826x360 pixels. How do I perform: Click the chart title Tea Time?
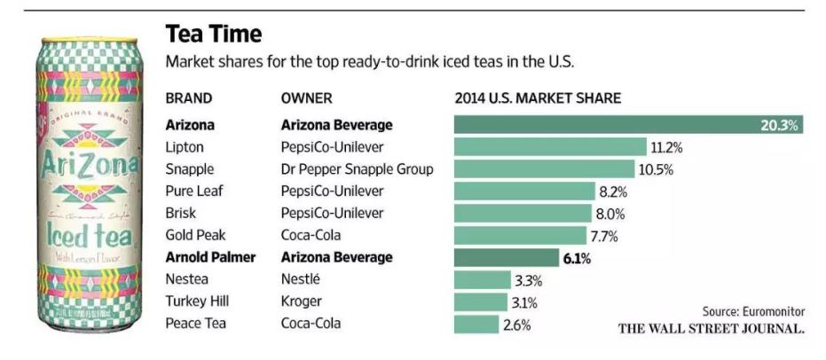pyautogui.click(x=214, y=35)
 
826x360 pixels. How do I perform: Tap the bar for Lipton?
pyautogui.click(x=549, y=147)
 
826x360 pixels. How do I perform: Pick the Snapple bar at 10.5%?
pyautogui.click(x=544, y=169)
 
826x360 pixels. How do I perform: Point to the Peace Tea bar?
pyautogui.click(x=476, y=325)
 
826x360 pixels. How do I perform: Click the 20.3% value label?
pyautogui.click(x=780, y=125)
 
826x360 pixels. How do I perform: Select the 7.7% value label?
pyautogui.click(x=603, y=236)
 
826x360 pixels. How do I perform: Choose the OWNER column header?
pyautogui.click(x=306, y=98)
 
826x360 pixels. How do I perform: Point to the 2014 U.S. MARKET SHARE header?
pyautogui.click(x=537, y=98)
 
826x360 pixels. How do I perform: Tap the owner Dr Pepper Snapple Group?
pyautogui.click(x=357, y=169)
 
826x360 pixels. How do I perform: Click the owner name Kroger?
pyautogui.click(x=301, y=302)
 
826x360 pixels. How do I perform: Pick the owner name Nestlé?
pyautogui.click(x=301, y=280)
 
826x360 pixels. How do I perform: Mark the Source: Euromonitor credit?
pyautogui.click(x=753, y=311)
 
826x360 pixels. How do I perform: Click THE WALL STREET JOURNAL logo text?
pyautogui.click(x=711, y=329)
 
